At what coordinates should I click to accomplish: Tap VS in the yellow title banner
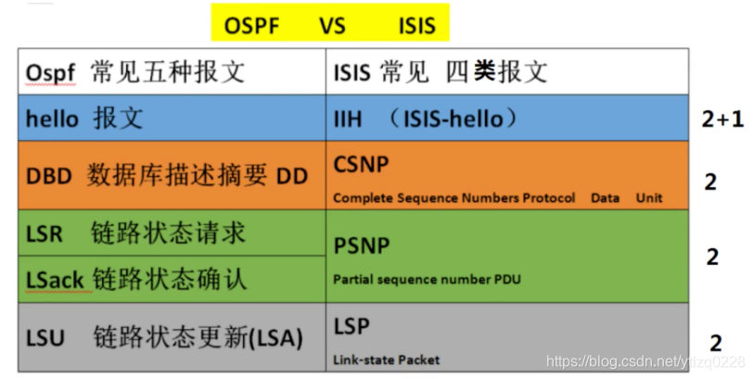[x=333, y=23]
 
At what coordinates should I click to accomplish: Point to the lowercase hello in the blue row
[x=53, y=119]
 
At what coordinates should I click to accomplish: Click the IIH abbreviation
[x=348, y=119]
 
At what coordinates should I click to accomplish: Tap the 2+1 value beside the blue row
[x=722, y=120]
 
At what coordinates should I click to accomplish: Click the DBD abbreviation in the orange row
[x=49, y=174]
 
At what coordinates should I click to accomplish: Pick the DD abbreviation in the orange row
[x=292, y=174]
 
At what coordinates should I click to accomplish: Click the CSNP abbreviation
[x=361, y=164]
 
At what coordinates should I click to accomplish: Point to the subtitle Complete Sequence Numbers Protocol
[x=454, y=197]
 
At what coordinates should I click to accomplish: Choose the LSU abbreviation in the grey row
[x=45, y=338]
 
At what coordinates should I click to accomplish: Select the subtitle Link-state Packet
[x=386, y=359]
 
